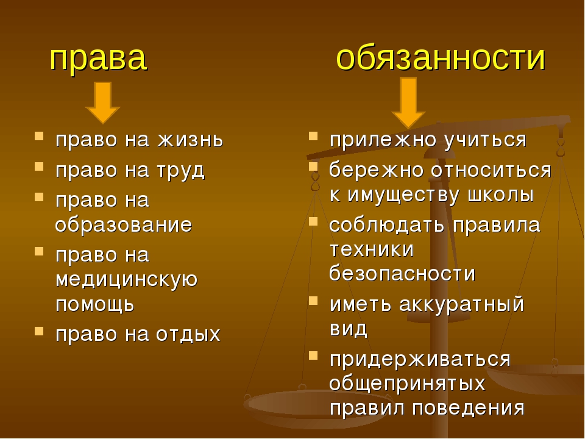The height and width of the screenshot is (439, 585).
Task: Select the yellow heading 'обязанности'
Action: pos(441,58)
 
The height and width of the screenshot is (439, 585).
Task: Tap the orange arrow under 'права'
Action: pos(102,102)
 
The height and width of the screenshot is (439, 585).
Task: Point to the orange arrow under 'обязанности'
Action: pos(408,103)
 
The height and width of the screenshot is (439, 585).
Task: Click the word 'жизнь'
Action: pos(190,140)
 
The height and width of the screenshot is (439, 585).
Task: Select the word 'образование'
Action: pos(124,225)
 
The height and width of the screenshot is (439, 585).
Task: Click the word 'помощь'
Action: pos(95,304)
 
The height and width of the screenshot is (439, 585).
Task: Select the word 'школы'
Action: pos(501,195)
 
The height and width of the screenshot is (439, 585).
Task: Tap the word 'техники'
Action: pos(372,249)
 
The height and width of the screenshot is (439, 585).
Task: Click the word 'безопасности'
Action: pos(402,273)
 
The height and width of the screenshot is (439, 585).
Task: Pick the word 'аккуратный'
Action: pos(462,304)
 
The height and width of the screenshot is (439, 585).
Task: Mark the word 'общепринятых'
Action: pos(408,384)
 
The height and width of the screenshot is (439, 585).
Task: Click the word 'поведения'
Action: pos(469,408)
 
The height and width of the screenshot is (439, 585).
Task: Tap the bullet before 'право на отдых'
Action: pos(39,330)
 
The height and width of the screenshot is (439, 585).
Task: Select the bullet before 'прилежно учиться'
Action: pos(313,135)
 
